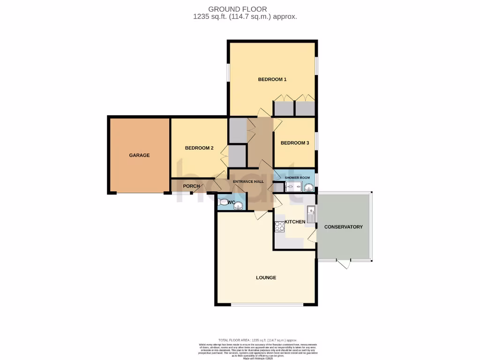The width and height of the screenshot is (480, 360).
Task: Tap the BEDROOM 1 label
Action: pyautogui.click(x=272, y=79)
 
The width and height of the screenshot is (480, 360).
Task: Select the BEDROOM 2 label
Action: pyautogui.click(x=199, y=148)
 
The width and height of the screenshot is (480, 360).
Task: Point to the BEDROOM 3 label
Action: pyautogui.click(x=294, y=143)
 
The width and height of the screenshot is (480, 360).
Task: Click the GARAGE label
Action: pyautogui.click(x=139, y=155)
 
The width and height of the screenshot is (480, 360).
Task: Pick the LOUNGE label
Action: pyautogui.click(x=266, y=277)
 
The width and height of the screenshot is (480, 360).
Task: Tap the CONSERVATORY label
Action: pyautogui.click(x=344, y=227)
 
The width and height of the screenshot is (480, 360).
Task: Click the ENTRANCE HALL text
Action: pyautogui.click(x=249, y=181)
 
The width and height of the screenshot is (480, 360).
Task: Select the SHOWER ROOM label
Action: pyautogui.click(x=298, y=178)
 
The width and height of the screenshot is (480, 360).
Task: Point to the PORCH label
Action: pyautogui.click(x=191, y=186)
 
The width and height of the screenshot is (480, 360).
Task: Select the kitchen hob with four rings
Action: pyautogui.click(x=280, y=227)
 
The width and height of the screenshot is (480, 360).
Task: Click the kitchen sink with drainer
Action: pyautogui.click(x=312, y=213)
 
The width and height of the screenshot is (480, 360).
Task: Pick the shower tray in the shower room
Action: pyautogui.click(x=294, y=187)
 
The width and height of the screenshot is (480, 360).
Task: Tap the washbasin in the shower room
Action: pyautogui.click(x=309, y=187)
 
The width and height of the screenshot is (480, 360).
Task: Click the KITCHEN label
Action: pyautogui.click(x=295, y=222)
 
